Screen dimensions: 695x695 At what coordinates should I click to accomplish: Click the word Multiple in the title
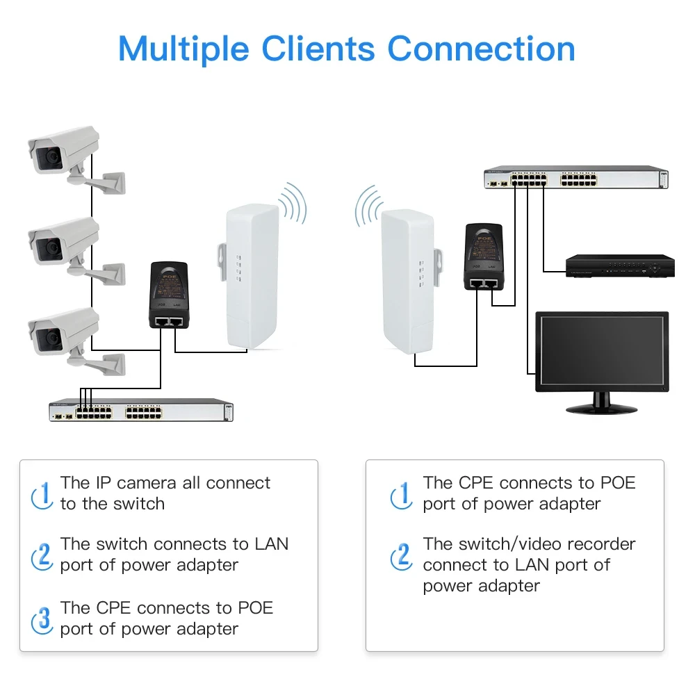tap(183, 49)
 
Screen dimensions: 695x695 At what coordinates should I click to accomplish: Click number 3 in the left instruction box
tap(44, 618)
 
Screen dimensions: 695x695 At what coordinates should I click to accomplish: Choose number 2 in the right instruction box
tap(401, 555)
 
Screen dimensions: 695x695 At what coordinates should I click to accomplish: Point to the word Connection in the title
tap(481, 49)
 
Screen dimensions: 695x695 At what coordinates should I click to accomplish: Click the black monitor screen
tap(602, 352)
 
